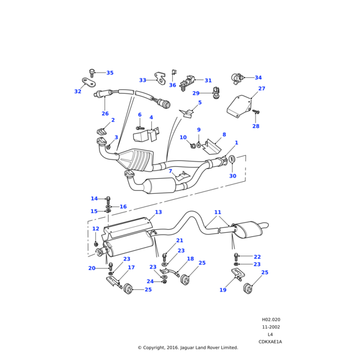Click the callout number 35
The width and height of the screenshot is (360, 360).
(110, 73)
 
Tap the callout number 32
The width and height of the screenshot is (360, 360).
(77, 92)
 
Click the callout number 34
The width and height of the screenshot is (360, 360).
(258, 78)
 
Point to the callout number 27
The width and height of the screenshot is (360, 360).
(262, 89)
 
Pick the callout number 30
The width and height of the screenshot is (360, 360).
(233, 176)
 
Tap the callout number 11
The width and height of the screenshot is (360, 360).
(218, 212)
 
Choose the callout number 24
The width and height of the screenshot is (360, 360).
(150, 281)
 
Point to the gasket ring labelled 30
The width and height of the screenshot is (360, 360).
(232, 160)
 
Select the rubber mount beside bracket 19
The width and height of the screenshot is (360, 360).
(247, 289)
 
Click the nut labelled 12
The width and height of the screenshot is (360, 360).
(96, 244)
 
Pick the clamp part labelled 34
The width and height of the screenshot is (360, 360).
(238, 78)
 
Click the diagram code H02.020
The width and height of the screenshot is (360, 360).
(271, 320)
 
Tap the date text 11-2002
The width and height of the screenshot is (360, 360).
(271, 327)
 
